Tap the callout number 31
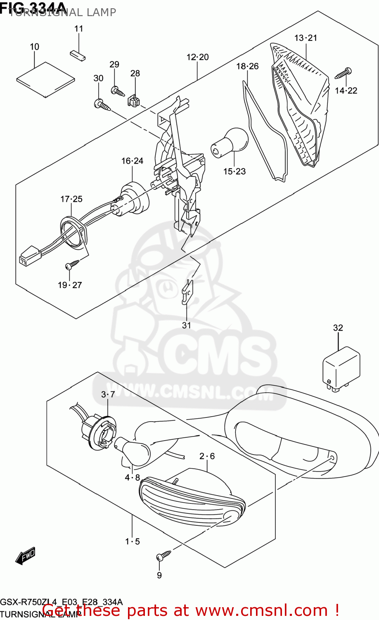pos(187,325)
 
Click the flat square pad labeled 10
pos(45,79)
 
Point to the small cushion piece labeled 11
pos(77,55)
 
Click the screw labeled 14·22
pos(343,73)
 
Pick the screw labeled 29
pos(117,91)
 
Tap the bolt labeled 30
pos(102,105)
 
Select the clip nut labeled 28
pos(133,100)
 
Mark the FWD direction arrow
pos(26,556)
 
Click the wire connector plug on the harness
pos(29,255)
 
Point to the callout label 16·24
pos(132,161)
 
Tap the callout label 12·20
pos(198,57)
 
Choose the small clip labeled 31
pos(187,291)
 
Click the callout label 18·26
pos(247,66)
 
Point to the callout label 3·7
pos(108,394)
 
